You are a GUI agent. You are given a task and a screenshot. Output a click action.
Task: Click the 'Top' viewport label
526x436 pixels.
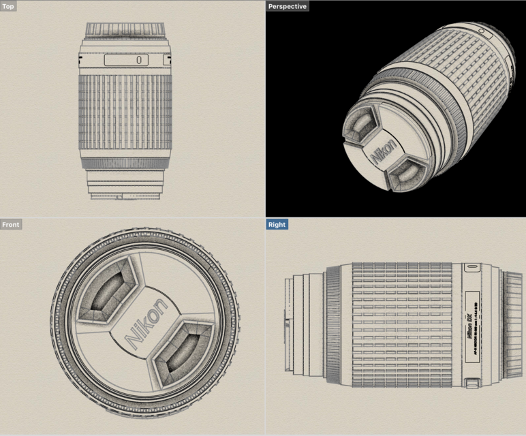[9, 6]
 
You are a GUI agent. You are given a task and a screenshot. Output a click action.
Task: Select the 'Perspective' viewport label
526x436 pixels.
[287, 6]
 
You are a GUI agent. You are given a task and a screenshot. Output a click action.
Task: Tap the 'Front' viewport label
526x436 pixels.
[11, 224]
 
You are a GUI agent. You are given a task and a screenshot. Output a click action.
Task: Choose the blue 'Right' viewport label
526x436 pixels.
[277, 224]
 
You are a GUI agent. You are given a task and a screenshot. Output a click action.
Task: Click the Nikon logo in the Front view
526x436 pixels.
[145, 324]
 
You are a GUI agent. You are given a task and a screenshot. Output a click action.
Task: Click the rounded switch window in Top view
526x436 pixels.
[126, 60]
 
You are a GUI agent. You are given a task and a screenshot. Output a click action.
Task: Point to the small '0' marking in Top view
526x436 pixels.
[138, 60]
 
